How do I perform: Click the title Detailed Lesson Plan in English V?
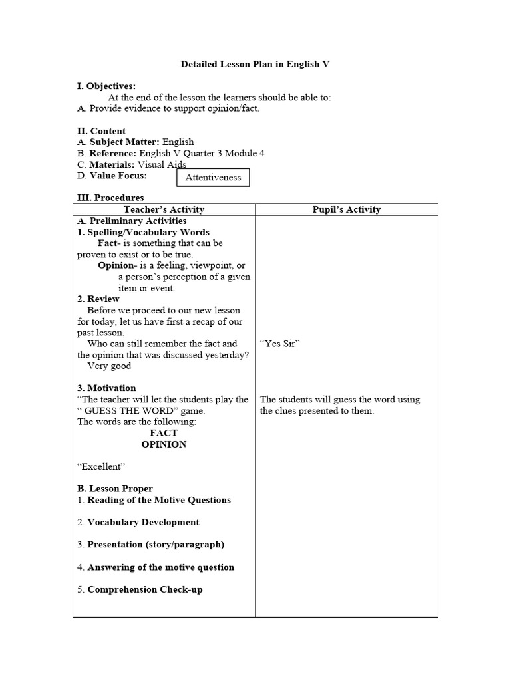click(255, 65)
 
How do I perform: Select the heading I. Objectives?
click(106, 86)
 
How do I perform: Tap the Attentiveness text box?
click(213, 178)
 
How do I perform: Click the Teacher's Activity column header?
click(164, 209)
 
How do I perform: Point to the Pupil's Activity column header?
click(346, 209)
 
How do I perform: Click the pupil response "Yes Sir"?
click(280, 344)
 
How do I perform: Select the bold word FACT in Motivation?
click(164, 433)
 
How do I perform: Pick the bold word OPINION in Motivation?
click(164, 444)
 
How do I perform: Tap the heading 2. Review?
click(98, 299)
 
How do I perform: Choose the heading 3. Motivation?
click(106, 388)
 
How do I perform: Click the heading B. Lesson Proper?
click(114, 489)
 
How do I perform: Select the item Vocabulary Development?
click(143, 523)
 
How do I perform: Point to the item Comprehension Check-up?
click(145, 589)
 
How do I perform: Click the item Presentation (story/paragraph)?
click(156, 545)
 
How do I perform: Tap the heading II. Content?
click(101, 131)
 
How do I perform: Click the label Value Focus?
click(118, 176)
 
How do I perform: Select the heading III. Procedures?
click(110, 198)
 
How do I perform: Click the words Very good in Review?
click(110, 366)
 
